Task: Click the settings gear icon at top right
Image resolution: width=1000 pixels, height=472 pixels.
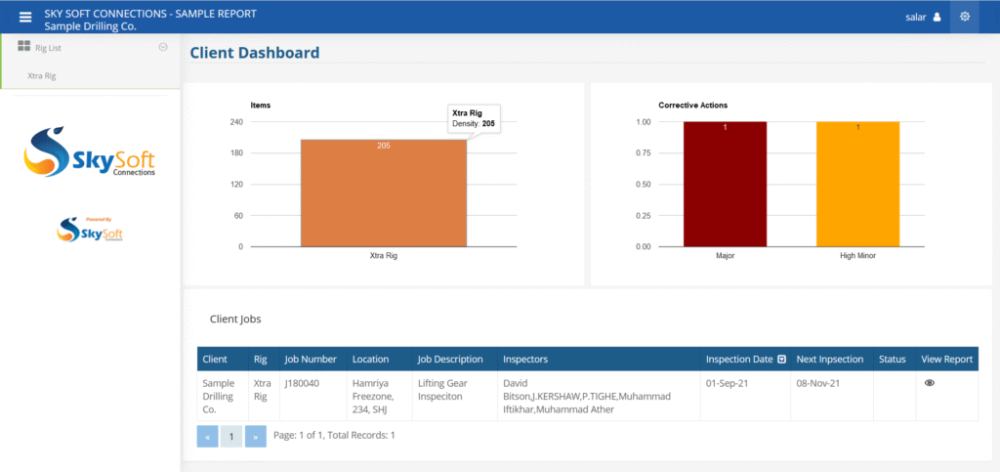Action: (x=965, y=17)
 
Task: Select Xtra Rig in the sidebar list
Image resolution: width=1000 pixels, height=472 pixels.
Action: (x=42, y=74)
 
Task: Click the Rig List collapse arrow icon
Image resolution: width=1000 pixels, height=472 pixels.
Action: (x=163, y=47)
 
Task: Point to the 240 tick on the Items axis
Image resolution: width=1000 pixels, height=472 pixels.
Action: (x=235, y=122)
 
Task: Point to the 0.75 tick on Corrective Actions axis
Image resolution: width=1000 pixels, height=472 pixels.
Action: (x=643, y=153)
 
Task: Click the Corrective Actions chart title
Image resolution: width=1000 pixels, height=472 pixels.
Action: (x=692, y=105)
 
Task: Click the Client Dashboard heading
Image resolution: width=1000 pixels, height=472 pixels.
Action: (x=254, y=53)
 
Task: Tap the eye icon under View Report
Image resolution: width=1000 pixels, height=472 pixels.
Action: (x=930, y=383)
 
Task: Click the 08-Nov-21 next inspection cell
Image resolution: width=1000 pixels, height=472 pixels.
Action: (x=817, y=383)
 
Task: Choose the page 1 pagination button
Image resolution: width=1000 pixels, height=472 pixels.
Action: (x=231, y=436)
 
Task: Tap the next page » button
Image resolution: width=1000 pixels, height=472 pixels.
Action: (x=255, y=436)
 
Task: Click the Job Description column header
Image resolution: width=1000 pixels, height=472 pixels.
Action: (x=449, y=360)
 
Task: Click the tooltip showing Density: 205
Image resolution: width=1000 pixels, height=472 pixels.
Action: (x=474, y=118)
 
